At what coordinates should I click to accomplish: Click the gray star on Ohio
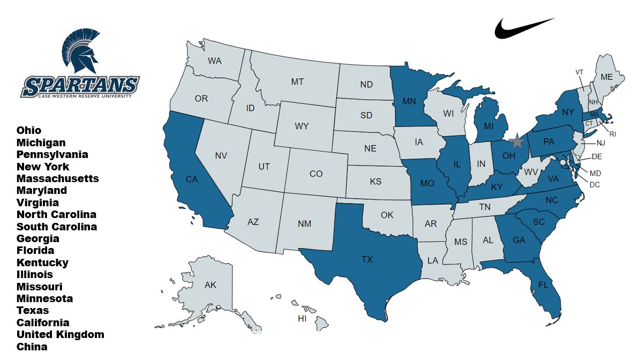517,141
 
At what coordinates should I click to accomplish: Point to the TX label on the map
367,260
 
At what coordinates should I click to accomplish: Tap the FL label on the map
543,284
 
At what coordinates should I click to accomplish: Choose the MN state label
410,101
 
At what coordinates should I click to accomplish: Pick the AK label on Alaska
210,285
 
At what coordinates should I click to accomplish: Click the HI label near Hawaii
303,319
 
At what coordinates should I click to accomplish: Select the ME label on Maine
606,77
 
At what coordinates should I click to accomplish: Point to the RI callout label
613,134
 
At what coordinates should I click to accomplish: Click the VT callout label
579,72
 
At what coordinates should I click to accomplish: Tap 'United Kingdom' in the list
61,334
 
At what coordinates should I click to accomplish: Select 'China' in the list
32,347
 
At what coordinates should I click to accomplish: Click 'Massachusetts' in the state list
58,178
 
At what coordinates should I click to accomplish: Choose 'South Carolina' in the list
57,227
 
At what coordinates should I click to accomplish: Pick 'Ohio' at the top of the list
29,130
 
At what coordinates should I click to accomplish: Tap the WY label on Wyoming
301,126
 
